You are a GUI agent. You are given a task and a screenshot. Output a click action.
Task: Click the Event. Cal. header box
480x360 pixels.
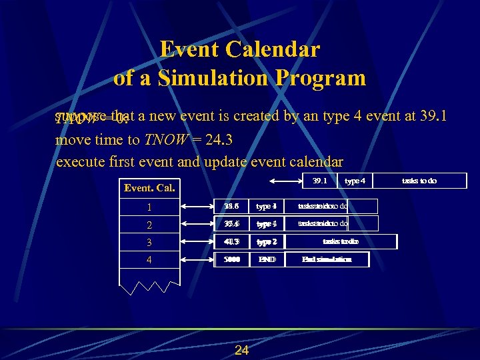click(x=149, y=187)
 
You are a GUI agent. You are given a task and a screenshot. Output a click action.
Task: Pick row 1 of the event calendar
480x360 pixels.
click(x=149, y=207)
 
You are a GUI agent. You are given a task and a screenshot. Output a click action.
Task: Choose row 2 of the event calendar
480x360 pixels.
click(x=149, y=224)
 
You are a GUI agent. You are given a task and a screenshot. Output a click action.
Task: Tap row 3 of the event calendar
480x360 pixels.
click(x=149, y=242)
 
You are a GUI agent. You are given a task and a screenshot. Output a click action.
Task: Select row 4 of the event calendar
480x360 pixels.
click(x=149, y=259)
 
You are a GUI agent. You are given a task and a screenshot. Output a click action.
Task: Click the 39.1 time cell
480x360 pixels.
click(x=320, y=181)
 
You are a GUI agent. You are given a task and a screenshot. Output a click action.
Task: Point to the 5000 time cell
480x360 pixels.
click(x=232, y=259)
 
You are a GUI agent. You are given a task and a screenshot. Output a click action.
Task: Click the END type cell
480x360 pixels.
click(x=267, y=259)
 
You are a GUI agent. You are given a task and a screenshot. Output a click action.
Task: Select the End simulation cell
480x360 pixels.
click(x=327, y=259)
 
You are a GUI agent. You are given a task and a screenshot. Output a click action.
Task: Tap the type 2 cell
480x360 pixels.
click(x=267, y=241)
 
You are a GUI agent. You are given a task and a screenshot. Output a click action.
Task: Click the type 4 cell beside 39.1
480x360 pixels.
click(x=355, y=181)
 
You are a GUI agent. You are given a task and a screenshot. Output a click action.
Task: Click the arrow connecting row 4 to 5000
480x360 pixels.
click(x=198, y=259)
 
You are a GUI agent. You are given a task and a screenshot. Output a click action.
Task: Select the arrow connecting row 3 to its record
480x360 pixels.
click(x=198, y=241)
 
